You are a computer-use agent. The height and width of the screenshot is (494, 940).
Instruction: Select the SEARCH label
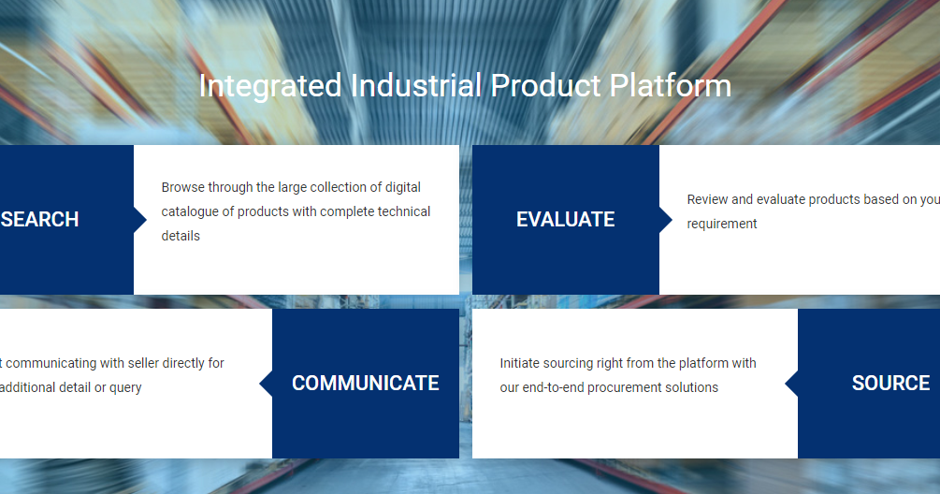pos(40,220)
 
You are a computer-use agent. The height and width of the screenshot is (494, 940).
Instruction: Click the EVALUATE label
pos(565,220)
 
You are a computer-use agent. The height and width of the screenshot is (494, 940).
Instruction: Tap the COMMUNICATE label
pos(365,384)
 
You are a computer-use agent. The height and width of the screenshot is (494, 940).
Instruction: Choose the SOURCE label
pos(890,384)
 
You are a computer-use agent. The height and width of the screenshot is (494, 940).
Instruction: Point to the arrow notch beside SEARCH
pos(140,220)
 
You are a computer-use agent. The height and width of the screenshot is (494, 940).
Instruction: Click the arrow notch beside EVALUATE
pos(666,220)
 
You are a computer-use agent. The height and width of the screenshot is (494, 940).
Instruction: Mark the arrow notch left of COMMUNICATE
pos(266,384)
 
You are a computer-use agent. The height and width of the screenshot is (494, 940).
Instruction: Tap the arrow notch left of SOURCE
pos(791,384)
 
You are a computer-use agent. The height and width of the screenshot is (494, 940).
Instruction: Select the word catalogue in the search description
pos(190,211)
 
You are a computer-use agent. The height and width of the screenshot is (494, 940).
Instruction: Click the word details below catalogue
pos(181,236)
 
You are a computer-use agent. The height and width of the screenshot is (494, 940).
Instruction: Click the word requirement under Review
pos(722,224)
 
